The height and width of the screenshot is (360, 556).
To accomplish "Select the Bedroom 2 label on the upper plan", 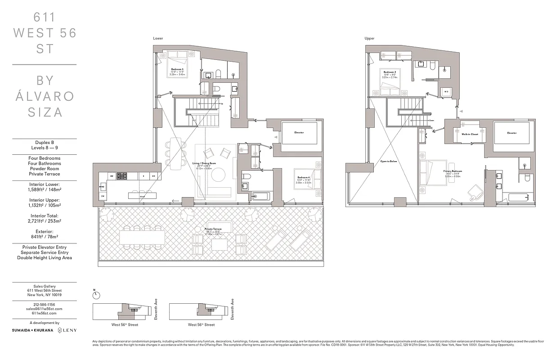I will tap(389, 72).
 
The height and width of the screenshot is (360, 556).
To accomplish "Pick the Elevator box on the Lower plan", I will tap(299, 132).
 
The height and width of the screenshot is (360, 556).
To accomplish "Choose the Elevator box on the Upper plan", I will tap(511, 133).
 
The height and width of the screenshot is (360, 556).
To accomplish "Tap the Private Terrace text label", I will tap(215, 229).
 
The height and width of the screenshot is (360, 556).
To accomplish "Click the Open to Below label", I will tap(389, 161).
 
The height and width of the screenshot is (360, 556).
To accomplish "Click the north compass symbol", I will tap(96, 295).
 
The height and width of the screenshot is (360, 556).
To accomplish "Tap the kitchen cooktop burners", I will tap(122, 176).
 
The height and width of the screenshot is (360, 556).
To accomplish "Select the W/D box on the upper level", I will tap(446, 91).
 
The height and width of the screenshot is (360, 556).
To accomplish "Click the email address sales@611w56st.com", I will tap(44, 309).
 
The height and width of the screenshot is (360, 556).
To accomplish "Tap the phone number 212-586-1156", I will tap(44, 305).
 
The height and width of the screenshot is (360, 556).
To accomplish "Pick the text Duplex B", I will tap(44, 143).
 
